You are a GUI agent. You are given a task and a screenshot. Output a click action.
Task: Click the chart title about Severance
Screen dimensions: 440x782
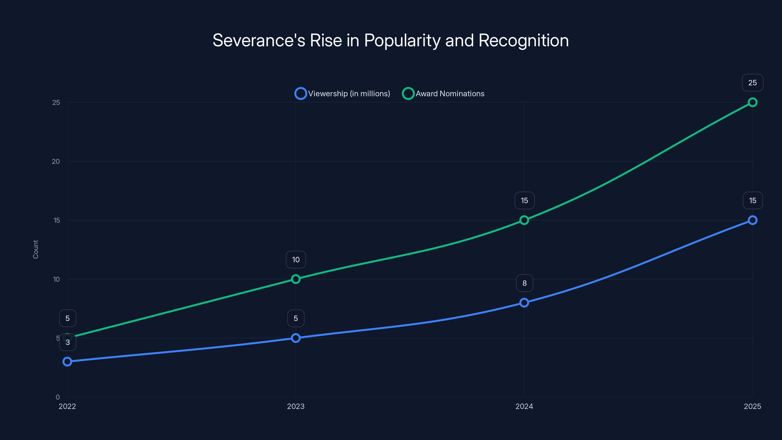coord(391,40)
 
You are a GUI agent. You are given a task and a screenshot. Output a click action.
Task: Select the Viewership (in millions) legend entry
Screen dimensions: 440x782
coord(342,94)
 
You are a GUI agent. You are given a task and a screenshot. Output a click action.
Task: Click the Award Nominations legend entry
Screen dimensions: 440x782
coord(443,94)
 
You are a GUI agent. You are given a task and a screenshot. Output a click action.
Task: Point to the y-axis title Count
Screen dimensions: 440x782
coord(35,249)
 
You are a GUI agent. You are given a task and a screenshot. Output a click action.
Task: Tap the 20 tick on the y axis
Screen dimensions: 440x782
coord(56,162)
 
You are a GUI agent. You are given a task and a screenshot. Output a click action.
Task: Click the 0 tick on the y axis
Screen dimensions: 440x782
coord(58,397)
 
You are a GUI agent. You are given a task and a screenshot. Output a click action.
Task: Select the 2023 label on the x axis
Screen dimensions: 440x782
coord(296,406)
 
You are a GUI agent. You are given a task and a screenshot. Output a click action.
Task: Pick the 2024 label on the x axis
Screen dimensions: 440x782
coord(524,406)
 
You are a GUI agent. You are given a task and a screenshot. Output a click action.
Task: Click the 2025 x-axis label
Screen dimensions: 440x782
coord(752,406)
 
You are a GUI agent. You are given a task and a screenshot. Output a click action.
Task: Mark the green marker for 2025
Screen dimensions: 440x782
coord(752,102)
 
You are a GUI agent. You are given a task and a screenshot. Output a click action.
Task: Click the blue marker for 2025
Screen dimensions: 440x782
coord(752,220)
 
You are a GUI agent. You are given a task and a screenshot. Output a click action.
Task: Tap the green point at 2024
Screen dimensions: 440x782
coord(524,220)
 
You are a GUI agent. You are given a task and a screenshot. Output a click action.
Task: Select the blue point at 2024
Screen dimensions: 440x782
coord(524,303)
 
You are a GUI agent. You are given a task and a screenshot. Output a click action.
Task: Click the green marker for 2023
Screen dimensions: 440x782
coord(296,279)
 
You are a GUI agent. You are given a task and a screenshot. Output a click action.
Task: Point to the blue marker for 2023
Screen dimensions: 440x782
coord(296,338)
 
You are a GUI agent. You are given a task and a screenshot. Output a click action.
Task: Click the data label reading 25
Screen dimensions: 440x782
coord(752,83)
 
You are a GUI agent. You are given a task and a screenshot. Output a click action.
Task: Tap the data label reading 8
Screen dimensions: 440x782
coord(524,283)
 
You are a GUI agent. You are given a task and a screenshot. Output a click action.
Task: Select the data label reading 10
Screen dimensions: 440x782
coord(296,260)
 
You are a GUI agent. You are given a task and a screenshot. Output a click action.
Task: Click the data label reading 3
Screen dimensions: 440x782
coord(68,342)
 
